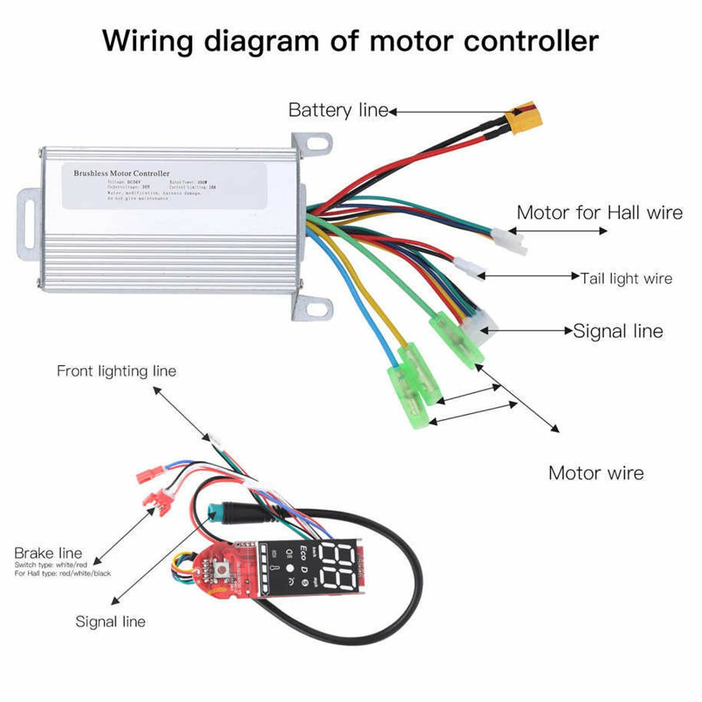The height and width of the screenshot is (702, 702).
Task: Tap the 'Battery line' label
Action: coord(338,110)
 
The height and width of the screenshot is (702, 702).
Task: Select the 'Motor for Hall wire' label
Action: coord(599,213)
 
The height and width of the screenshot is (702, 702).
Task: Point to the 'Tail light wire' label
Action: coord(626,278)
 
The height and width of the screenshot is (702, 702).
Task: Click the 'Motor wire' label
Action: coord(596,473)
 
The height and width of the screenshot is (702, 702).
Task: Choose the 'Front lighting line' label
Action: coord(117,371)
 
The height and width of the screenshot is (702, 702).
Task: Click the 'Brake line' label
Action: coord(48,553)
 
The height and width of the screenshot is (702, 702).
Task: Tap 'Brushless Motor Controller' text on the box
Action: coord(121,173)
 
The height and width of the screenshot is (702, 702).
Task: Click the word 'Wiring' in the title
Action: coord(148,42)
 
